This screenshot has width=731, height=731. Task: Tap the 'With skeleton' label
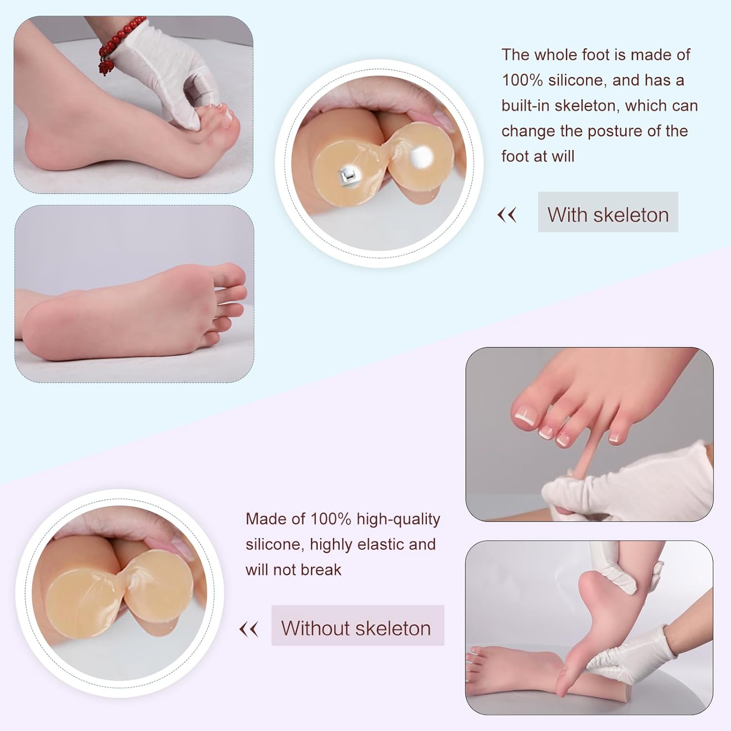[x=608, y=214]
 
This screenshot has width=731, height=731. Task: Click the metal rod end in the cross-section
[x=349, y=173]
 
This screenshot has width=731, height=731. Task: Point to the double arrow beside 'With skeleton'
[x=507, y=214]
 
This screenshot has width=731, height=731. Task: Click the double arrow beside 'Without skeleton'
[x=249, y=629]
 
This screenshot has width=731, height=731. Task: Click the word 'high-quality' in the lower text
[x=398, y=519]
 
